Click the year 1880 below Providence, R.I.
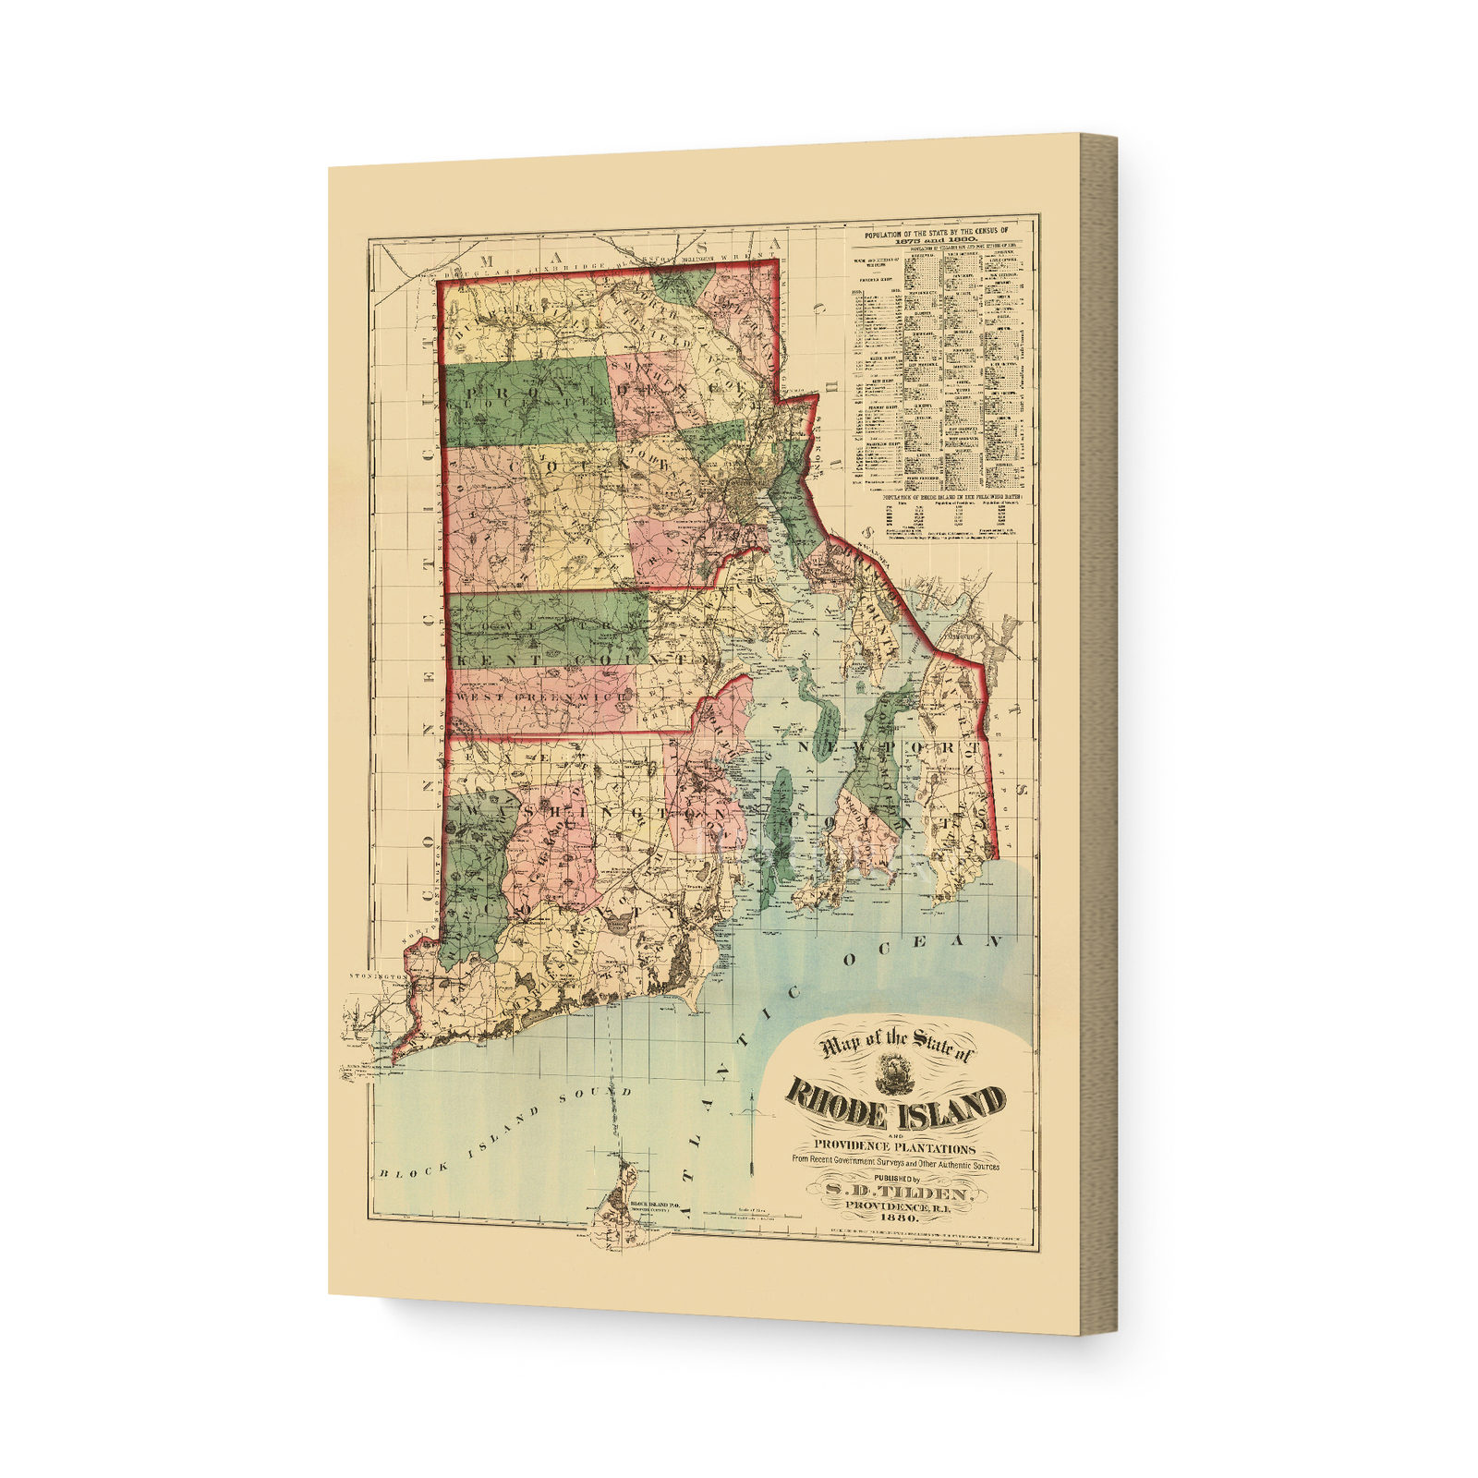tap(893, 1218)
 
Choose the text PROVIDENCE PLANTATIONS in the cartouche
tap(894, 1147)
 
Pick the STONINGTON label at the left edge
tap(378, 975)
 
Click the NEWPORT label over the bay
tap(887, 746)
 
